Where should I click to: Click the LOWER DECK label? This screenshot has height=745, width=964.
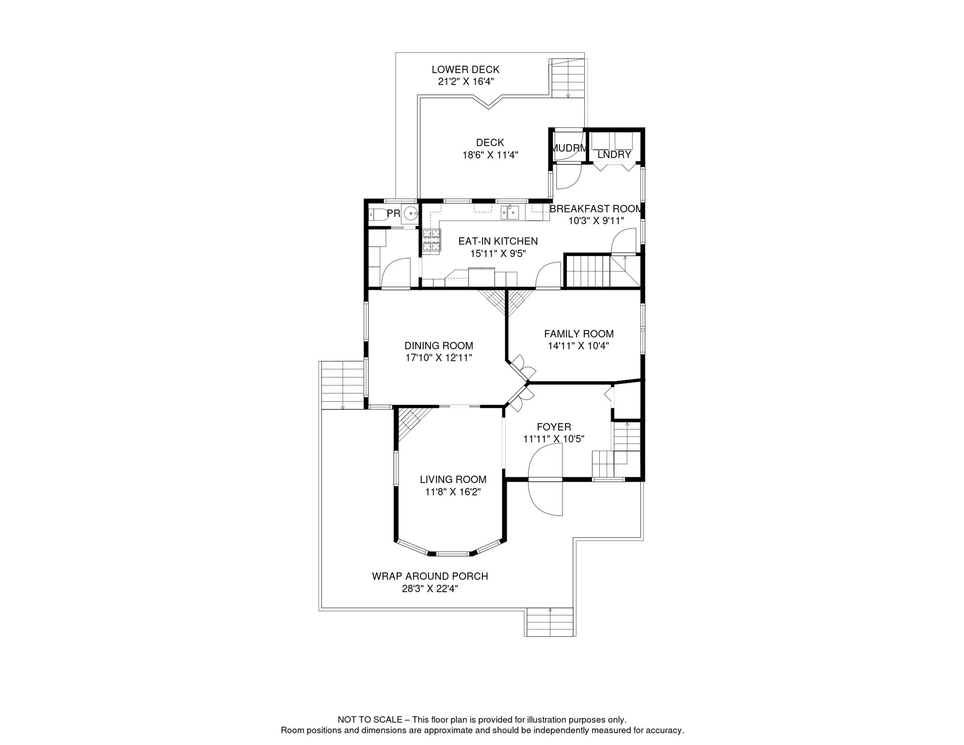[465, 70]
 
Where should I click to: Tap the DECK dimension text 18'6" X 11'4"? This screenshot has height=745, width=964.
[490, 155]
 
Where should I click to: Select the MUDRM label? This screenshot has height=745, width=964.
[569, 148]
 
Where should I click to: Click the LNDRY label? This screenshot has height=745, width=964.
[614, 155]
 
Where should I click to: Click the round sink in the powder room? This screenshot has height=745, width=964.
[411, 213]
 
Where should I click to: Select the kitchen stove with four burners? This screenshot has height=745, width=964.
[431, 240]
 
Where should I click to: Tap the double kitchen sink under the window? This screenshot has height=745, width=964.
[510, 212]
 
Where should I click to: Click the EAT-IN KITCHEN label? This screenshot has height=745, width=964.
[498, 241]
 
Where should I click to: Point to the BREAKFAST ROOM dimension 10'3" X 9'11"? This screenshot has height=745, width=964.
[595, 221]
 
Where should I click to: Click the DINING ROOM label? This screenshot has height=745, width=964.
[438, 346]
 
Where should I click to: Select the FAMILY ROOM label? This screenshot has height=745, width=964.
[578, 334]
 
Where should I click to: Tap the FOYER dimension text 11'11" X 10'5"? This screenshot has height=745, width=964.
[553, 439]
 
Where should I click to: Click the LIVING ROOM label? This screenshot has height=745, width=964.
[453, 479]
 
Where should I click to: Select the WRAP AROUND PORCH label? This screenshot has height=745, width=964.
[430, 576]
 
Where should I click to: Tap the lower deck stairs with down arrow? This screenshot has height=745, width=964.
[568, 79]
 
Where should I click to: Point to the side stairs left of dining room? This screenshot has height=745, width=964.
[342, 385]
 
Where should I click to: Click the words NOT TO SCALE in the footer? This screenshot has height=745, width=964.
[370, 720]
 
